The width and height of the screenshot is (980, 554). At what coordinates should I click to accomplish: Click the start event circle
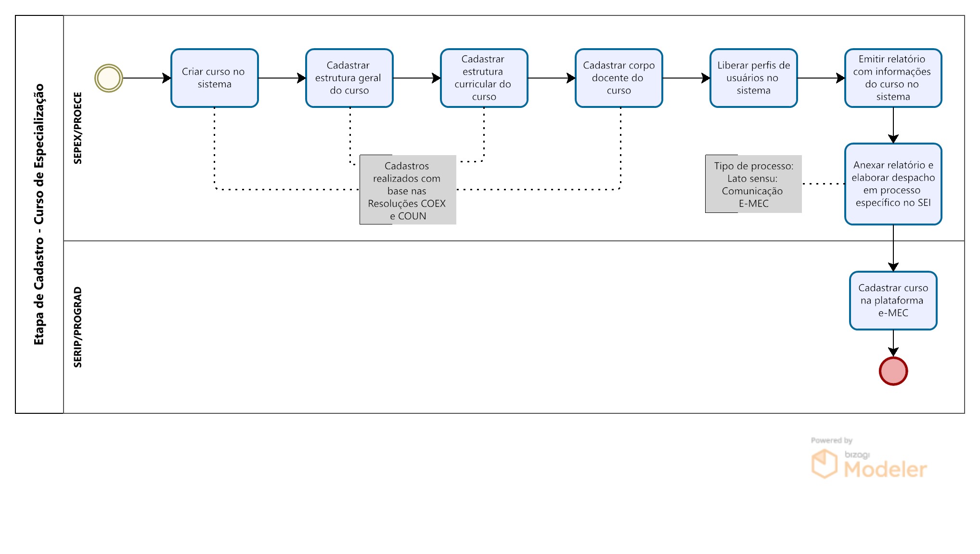tap(109, 78)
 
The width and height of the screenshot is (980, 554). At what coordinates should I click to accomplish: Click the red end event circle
tap(893, 371)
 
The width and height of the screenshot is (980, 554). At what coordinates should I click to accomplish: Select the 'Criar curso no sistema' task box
tap(215, 78)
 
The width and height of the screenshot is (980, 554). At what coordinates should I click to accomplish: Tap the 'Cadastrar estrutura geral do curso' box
tap(349, 78)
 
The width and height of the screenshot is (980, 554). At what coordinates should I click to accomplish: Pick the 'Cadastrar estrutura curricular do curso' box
tap(484, 78)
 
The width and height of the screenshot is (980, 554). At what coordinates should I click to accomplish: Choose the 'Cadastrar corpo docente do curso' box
tap(619, 78)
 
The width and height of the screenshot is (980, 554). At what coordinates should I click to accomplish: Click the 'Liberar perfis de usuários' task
tap(754, 78)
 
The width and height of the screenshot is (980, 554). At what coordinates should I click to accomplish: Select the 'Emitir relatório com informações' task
tap(893, 78)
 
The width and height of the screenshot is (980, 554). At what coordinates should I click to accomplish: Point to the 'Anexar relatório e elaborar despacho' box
tap(893, 184)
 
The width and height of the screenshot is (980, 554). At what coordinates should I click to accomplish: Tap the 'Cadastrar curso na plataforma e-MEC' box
tap(893, 301)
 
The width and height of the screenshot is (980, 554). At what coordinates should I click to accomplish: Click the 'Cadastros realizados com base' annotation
tap(408, 190)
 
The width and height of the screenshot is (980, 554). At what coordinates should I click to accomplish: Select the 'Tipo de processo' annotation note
tap(754, 184)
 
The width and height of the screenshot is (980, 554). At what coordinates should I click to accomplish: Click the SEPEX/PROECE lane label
tap(77, 128)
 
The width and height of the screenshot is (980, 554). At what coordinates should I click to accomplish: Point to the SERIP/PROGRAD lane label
tap(77, 327)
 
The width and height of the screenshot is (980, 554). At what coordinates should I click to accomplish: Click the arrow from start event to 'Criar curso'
tap(147, 78)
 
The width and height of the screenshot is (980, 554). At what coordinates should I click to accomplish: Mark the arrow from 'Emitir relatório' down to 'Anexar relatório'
tap(893, 125)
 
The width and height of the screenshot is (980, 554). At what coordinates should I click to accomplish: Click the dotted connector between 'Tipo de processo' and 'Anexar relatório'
tap(823, 184)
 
